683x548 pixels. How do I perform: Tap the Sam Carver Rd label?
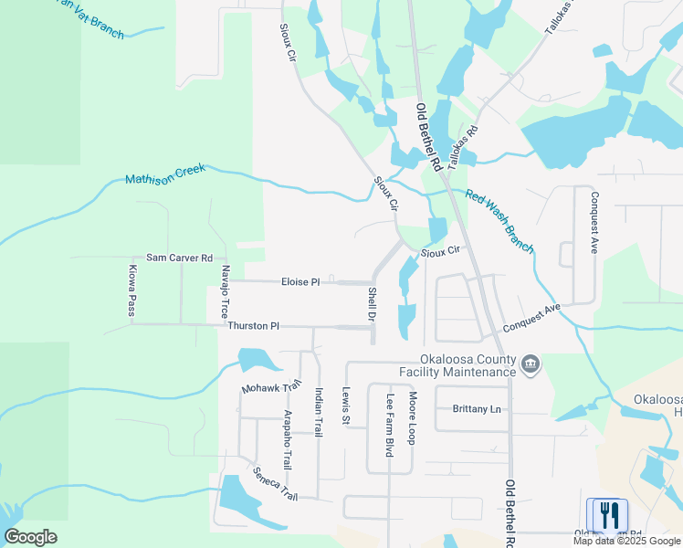point(179,258)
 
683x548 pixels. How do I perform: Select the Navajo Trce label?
point(225,293)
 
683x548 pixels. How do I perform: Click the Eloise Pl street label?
point(300,282)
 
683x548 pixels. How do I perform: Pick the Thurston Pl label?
point(253,326)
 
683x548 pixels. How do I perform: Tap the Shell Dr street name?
point(372,304)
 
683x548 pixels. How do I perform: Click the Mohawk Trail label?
point(271,388)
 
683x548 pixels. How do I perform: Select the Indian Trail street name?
point(319,413)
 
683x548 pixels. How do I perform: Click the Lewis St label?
point(346,406)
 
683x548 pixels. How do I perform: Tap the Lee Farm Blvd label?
point(390,427)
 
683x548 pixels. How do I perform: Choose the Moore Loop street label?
point(413,420)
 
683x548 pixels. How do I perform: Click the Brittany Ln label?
point(477,409)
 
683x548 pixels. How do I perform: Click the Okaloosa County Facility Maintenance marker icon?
point(530,366)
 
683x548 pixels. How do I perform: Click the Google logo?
point(30,537)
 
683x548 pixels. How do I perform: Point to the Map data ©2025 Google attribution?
point(626,541)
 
